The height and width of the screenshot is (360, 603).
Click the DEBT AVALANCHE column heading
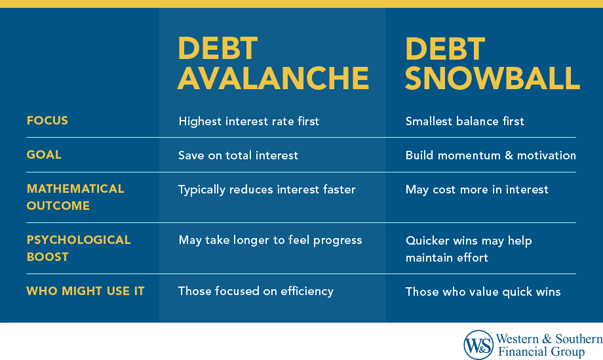(273, 64)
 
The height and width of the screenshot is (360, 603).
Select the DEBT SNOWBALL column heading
(492, 64)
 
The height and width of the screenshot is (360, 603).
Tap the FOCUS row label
(47, 121)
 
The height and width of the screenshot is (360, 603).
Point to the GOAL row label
(44, 155)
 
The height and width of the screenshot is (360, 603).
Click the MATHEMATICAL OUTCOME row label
(75, 197)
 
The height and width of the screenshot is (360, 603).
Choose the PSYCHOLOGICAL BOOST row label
(79, 248)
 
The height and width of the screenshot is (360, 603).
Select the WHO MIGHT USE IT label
(85, 291)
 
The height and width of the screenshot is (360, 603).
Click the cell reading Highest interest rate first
(249, 121)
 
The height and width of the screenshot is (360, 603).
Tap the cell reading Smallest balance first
(465, 121)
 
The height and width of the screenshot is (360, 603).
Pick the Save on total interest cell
(238, 155)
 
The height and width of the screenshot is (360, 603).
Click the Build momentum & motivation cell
(491, 155)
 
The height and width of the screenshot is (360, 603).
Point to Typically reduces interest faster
(267, 190)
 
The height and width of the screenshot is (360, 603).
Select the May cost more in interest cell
(477, 190)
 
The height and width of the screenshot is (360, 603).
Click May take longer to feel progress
(270, 241)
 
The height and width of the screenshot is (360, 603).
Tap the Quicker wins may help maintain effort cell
(469, 249)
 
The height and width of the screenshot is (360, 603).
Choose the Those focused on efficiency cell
(256, 292)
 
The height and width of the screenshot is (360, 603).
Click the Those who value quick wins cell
(483, 292)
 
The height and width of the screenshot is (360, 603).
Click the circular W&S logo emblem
(478, 345)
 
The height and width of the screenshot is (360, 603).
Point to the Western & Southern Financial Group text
(549, 345)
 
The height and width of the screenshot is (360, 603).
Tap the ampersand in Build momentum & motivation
(509, 155)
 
